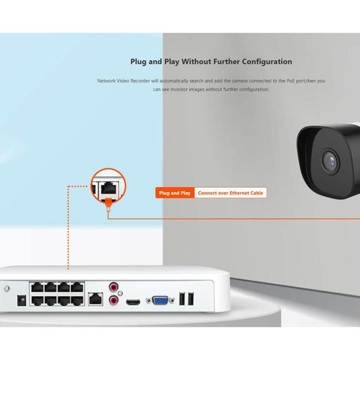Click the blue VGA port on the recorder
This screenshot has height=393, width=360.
tap(161, 300)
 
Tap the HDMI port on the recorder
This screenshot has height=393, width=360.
tap(133, 302)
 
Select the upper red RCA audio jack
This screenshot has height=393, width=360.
tap(114, 287)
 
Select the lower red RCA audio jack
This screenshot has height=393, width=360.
tap(114, 301)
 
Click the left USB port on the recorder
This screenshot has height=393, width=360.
tap(181, 298)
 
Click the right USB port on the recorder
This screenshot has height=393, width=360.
tap(191, 298)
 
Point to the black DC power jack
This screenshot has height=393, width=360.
tap(22, 300)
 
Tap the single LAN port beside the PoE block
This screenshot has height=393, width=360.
tap(96, 298)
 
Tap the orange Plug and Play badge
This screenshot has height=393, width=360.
tap(174, 193)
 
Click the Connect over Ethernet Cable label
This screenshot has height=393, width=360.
tap(230, 193)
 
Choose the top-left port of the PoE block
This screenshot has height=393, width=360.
tap(37, 288)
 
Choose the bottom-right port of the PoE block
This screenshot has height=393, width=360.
tap(77, 301)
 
